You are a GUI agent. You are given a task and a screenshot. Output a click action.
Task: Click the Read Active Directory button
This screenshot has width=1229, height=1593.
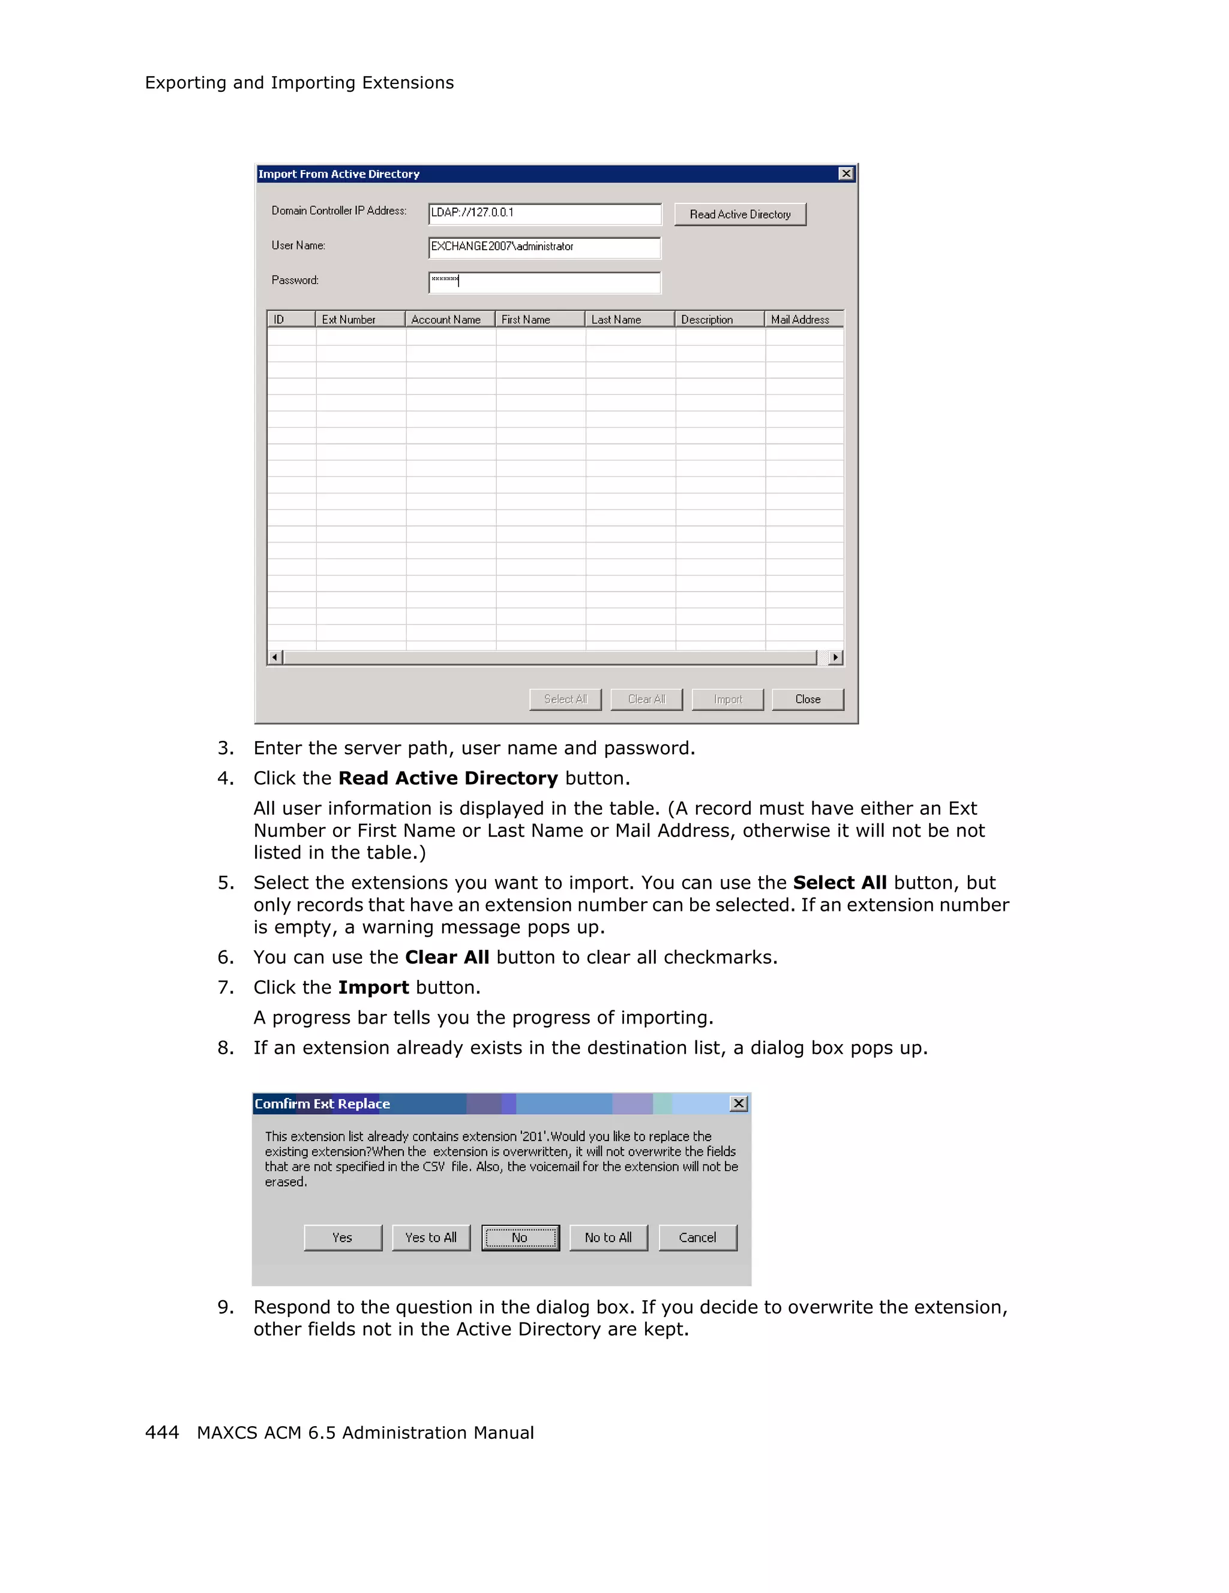[739, 214]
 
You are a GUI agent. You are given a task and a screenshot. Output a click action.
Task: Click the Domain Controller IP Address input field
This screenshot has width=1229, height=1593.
[544, 213]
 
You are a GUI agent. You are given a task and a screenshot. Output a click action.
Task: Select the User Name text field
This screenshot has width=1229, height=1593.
[544, 247]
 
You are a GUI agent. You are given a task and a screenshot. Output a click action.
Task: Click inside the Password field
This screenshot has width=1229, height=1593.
[544, 282]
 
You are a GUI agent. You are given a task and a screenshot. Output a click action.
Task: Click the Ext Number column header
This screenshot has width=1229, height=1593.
[359, 319]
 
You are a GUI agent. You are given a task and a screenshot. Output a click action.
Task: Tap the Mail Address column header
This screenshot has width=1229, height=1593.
[803, 319]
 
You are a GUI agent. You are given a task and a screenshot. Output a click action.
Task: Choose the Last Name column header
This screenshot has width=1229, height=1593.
[630, 319]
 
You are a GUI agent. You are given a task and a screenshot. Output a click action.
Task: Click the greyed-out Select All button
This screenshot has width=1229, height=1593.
[565, 699]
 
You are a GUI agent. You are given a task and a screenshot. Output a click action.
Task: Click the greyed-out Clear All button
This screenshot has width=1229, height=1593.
[646, 699]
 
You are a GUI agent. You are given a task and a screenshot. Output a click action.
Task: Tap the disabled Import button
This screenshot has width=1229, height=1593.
[727, 699]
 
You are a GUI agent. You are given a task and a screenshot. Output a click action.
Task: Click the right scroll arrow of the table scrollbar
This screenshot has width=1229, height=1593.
[836, 657]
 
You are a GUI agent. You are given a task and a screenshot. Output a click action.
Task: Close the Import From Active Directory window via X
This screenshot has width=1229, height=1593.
[846, 173]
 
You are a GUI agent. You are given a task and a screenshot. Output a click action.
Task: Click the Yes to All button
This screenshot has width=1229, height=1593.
[431, 1237]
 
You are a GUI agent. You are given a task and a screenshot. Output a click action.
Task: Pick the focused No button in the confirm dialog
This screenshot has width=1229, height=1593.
[520, 1237]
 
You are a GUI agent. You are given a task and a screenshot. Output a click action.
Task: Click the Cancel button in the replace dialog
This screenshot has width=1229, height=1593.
[697, 1237]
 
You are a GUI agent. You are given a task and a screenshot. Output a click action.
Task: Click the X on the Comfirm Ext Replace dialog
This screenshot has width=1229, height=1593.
[738, 1103]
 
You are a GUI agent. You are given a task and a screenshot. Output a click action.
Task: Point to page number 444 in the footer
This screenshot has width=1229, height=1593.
[162, 1433]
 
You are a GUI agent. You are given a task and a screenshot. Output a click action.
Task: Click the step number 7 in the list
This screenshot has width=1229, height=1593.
[226, 988]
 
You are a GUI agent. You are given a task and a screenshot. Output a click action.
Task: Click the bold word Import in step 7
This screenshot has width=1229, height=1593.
[373, 988]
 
